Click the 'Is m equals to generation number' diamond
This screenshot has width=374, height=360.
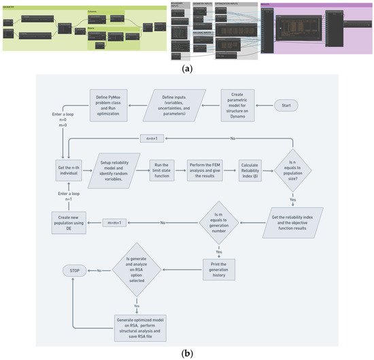tap(220, 222)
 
